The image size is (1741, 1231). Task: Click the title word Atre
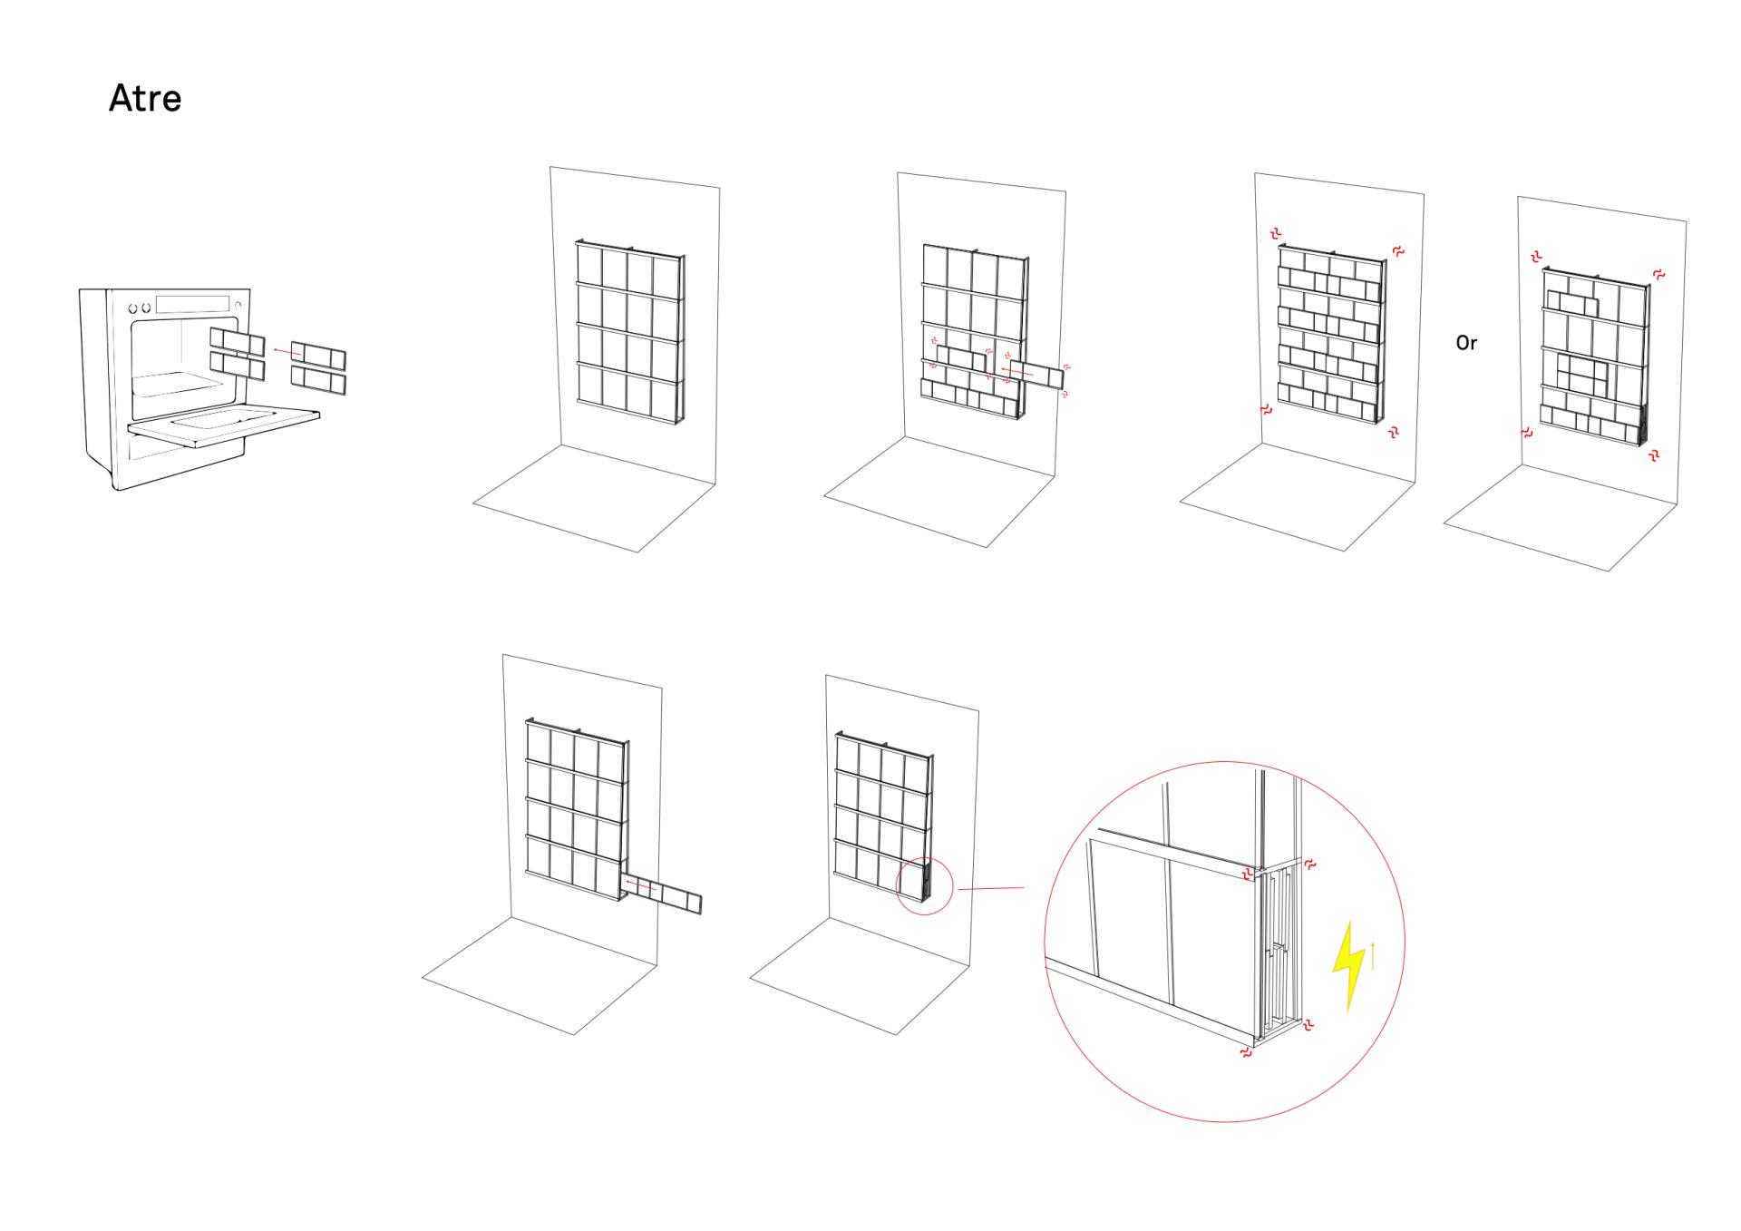(145, 98)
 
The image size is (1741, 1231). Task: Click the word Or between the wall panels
(1466, 343)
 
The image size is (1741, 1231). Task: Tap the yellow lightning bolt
(1348, 965)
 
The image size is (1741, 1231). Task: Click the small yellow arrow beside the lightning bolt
(1374, 955)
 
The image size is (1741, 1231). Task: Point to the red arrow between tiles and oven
(288, 352)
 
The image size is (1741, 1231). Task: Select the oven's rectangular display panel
(192, 304)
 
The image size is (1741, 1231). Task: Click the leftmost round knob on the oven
(132, 309)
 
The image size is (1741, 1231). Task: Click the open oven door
(224, 426)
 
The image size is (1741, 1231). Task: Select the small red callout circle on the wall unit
(925, 886)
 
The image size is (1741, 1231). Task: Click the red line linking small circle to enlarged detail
(990, 889)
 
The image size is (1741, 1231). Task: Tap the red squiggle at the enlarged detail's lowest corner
(1247, 1052)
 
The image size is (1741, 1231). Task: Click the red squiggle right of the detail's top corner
(1309, 865)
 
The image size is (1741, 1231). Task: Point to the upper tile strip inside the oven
(238, 341)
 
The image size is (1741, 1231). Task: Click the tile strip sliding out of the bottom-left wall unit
(661, 894)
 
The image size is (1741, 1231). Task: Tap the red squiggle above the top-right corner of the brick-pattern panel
(1398, 250)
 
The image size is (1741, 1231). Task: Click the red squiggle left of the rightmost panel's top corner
(1536, 258)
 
